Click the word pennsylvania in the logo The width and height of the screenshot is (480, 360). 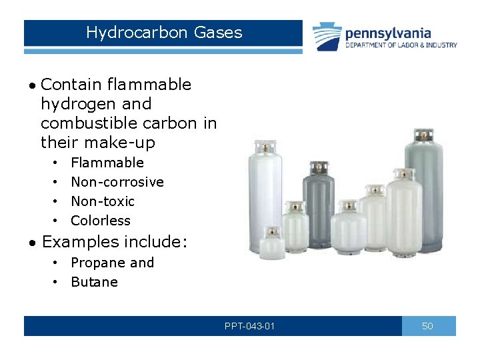pyautogui.click(x=387, y=33)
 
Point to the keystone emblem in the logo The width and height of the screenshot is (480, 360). pyautogui.click(x=327, y=36)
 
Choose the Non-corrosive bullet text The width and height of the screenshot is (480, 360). pyautogui.click(x=117, y=182)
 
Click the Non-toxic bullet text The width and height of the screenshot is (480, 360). pyautogui.click(x=103, y=201)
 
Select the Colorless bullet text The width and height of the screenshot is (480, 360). pyautogui.click(x=101, y=221)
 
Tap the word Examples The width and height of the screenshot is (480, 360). pyautogui.click(x=81, y=242)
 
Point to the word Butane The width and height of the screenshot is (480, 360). pyautogui.click(x=94, y=282)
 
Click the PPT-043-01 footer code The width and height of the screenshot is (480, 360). pyautogui.click(x=250, y=326)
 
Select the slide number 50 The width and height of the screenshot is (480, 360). pyautogui.click(x=428, y=326)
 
